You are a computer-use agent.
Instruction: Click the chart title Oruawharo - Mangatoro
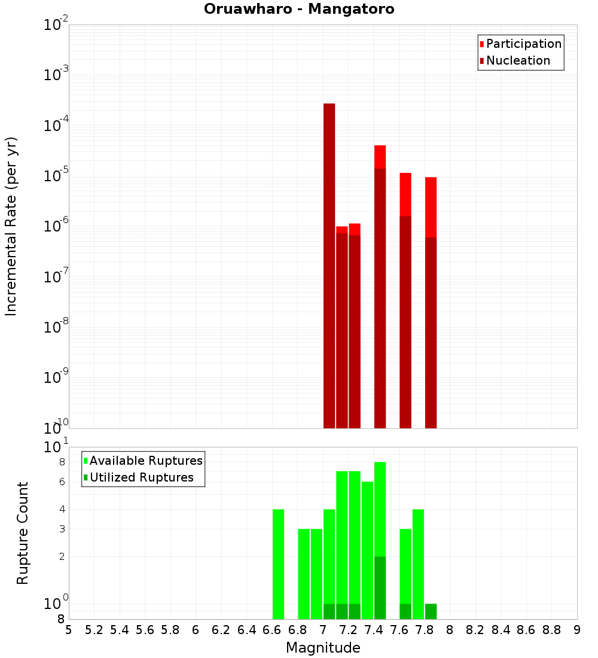[x=299, y=10]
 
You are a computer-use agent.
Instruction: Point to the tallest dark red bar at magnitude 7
[x=329, y=263]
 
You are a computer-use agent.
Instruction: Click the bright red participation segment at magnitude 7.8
[x=431, y=206]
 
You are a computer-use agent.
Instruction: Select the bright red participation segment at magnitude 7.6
[x=405, y=194]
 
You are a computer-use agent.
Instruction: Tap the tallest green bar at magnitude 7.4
[x=380, y=508]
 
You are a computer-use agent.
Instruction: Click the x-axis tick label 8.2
[x=475, y=630]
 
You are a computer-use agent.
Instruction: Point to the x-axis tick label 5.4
[x=120, y=630]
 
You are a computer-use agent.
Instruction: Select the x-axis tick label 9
[x=577, y=630]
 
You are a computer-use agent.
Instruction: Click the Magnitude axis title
[x=323, y=648]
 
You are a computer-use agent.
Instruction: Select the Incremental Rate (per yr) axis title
[x=11, y=226]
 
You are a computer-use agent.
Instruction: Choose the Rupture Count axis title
[x=23, y=532]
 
